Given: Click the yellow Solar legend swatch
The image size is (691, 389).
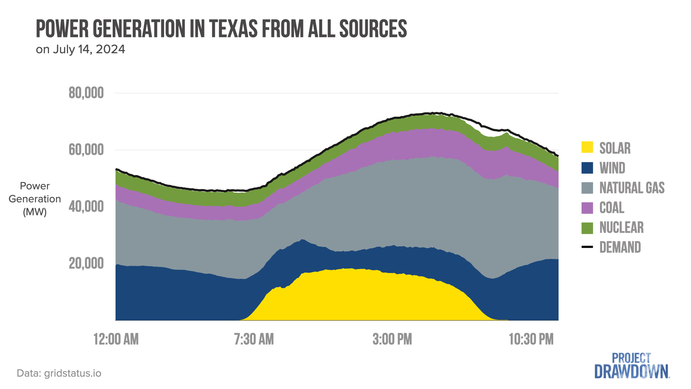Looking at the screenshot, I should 587,147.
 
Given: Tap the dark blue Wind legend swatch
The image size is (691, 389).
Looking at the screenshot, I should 587,168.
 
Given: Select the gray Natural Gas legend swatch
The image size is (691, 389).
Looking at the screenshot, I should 587,188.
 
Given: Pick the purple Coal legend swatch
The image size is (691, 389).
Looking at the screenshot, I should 587,208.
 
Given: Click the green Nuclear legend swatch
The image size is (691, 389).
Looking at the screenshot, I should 587,228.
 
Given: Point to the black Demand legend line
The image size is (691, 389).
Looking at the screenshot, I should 587,247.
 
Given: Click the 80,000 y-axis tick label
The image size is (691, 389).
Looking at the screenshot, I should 86,93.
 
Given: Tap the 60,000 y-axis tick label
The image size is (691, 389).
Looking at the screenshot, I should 86,150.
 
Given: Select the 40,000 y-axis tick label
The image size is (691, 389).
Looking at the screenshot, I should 86,207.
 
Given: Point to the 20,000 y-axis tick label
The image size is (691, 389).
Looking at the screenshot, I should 86,264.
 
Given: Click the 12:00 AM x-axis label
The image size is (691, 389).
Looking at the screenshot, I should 116,339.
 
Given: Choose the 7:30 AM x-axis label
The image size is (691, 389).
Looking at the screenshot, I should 254,339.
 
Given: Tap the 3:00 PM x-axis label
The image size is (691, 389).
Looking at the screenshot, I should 392,339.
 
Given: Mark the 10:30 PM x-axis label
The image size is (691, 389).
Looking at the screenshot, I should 531,339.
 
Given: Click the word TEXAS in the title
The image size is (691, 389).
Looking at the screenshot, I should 234,29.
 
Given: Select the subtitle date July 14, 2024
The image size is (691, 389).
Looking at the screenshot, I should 89,49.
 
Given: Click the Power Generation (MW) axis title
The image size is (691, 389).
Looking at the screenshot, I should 35,199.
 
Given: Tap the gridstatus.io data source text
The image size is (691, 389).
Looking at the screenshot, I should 72,373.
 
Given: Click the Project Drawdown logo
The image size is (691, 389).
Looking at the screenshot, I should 632,366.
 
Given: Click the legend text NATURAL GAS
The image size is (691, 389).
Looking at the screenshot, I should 632,188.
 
